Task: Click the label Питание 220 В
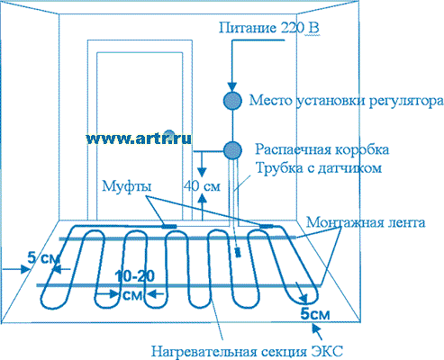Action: [268, 28]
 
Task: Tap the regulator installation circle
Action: [232, 101]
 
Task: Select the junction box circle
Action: [232, 150]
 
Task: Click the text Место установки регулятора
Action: [346, 101]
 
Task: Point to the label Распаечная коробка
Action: [322, 149]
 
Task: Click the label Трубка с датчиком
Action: [319, 167]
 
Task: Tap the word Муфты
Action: [127, 186]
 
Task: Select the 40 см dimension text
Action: [202, 186]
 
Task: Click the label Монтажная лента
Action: [366, 223]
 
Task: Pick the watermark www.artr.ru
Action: [139, 139]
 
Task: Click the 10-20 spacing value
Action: [135, 276]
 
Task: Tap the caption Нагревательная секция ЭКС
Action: [247, 351]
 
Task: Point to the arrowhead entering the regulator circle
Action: [231, 87]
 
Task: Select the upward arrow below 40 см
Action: [203, 207]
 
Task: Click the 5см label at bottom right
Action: [315, 314]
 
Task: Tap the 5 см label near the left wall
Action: [44, 257]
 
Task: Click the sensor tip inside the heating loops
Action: [238, 252]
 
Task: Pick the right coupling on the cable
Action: [267, 226]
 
